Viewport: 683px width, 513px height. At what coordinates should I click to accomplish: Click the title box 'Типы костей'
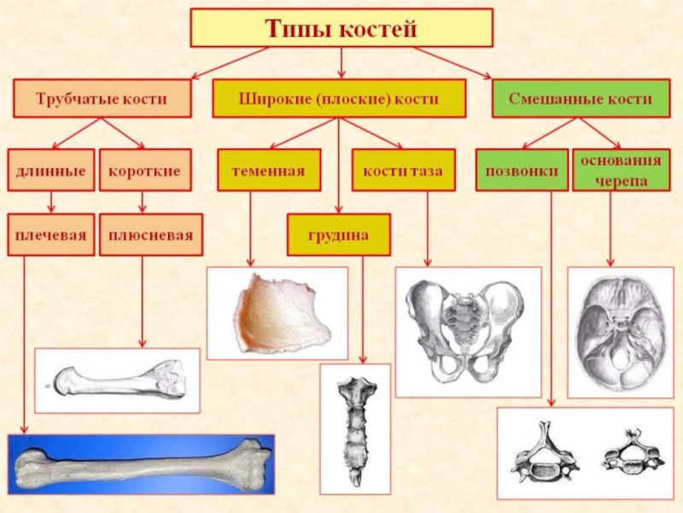coord(341,28)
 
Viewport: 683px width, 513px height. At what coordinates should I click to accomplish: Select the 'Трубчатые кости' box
coord(101,99)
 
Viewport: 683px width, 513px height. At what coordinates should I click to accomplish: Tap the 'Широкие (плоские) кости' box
coord(339,99)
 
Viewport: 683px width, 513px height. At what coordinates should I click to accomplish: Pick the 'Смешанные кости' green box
coord(580,99)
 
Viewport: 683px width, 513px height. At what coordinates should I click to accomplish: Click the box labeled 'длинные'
coord(51,170)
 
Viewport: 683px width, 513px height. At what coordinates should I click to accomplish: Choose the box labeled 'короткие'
coord(143,170)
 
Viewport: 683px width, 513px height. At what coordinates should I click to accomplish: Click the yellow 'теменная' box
coord(269,170)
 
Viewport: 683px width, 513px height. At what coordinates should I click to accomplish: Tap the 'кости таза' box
coord(402,170)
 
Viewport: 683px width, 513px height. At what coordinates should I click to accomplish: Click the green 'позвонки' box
coord(522,170)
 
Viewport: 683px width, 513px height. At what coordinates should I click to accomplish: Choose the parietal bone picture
coord(277,312)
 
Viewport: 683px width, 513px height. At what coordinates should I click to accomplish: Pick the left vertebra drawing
coord(545,451)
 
